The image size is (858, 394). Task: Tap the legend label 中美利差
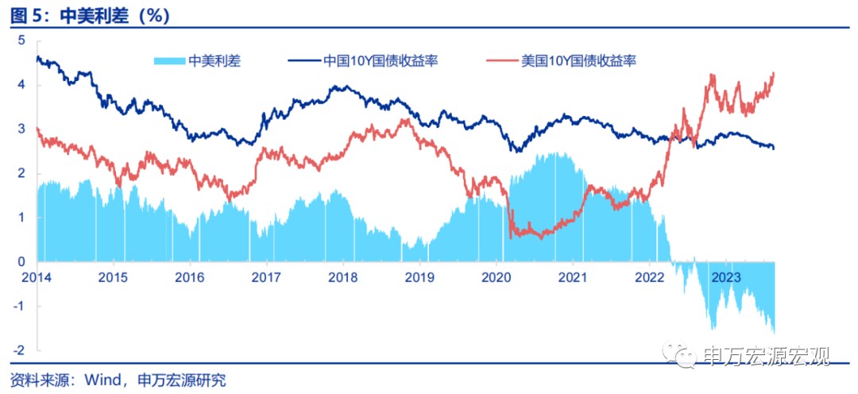(214, 60)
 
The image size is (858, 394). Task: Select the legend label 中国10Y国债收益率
(377, 60)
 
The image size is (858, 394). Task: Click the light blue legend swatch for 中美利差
(168, 60)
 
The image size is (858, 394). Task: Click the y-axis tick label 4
(22, 84)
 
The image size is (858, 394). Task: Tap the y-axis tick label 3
(22, 129)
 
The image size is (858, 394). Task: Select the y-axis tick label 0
(22, 261)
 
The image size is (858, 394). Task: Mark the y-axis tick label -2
(20, 350)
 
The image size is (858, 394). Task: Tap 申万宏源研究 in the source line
(181, 380)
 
